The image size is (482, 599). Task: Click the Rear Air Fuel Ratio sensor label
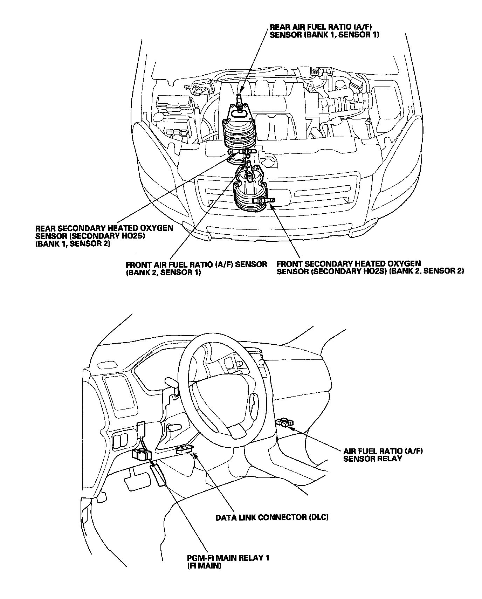(x=324, y=31)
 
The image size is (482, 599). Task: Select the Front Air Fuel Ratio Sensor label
(x=197, y=268)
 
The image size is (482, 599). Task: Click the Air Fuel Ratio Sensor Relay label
(x=383, y=455)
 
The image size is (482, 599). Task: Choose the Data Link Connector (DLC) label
(x=272, y=517)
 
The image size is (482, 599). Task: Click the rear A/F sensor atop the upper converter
(x=239, y=99)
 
